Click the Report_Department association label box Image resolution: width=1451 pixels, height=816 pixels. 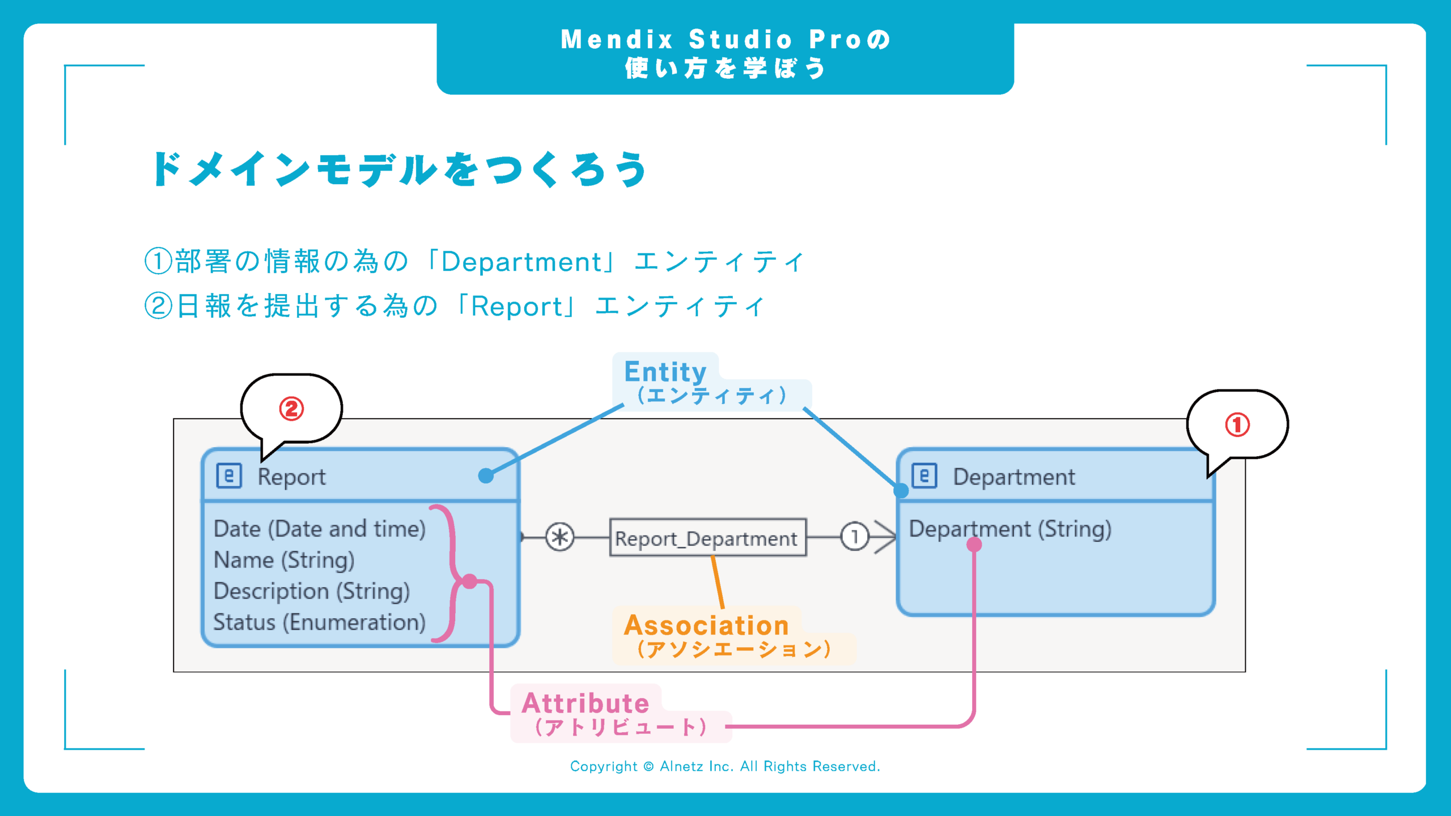click(x=707, y=537)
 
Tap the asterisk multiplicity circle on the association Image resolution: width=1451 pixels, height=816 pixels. click(x=559, y=537)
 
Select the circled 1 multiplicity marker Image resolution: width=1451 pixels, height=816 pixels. click(x=854, y=536)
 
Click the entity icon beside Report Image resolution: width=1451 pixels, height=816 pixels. click(x=229, y=476)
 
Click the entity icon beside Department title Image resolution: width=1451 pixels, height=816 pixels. click(x=924, y=476)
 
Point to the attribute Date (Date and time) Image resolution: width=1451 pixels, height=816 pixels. click(x=319, y=529)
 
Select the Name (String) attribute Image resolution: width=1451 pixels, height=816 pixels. click(x=284, y=560)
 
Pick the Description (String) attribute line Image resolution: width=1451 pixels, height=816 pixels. click(x=311, y=591)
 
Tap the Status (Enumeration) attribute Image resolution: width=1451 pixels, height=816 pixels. click(x=319, y=622)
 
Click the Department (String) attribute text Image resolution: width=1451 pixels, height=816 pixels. click(x=1009, y=529)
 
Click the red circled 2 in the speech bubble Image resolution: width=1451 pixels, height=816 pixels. click(x=291, y=409)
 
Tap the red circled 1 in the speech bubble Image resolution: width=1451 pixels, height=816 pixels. click(x=1237, y=424)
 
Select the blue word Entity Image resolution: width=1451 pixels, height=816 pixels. click(x=665, y=372)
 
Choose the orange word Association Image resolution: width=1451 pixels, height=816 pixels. click(x=706, y=626)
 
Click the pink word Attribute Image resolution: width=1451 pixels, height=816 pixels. click(x=585, y=703)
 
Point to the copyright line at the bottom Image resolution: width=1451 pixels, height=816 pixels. click(x=725, y=766)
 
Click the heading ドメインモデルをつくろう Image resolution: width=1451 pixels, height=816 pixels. click(x=400, y=169)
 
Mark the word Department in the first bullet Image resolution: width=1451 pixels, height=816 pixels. click(x=520, y=262)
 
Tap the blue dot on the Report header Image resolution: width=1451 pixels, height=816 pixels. click(x=486, y=475)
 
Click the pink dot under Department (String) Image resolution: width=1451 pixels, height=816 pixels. click(x=974, y=545)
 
